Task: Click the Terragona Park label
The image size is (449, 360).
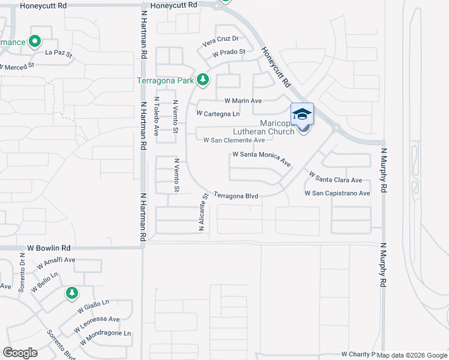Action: [165, 80]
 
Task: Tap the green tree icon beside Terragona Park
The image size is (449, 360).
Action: [203, 79]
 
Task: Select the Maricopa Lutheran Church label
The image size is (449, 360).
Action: [277, 127]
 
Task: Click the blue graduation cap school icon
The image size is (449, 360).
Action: [303, 114]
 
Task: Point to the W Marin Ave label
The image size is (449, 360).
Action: [243, 101]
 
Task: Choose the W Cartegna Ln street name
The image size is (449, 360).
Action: [218, 113]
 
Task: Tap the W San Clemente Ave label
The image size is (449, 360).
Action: [234, 140]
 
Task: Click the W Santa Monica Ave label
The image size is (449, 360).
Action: [261, 158]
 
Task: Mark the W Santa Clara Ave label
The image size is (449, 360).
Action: [336, 178]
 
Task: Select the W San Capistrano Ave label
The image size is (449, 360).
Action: [337, 193]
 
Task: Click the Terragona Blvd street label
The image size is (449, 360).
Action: [236, 196]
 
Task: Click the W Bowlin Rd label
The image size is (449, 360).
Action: [49, 247]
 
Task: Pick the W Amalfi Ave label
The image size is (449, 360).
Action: [56, 263]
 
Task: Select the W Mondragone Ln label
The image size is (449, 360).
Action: [104, 337]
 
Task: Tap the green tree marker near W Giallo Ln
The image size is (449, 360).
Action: [72, 293]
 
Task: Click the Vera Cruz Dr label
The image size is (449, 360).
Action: [220, 40]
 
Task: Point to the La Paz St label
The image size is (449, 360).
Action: [58, 54]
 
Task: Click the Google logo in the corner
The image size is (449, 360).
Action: [20, 353]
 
